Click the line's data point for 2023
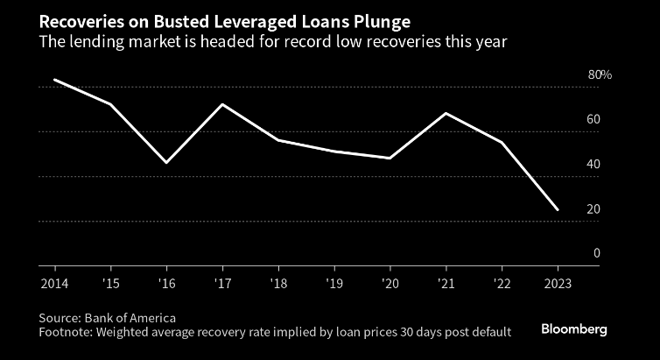click(558, 210)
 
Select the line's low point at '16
click(166, 163)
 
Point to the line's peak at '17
click(222, 104)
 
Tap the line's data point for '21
click(446, 113)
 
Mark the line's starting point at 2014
click(54, 80)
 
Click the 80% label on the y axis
click(600, 75)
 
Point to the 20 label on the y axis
click(593, 209)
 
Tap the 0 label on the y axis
click(596, 253)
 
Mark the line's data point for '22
click(502, 142)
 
